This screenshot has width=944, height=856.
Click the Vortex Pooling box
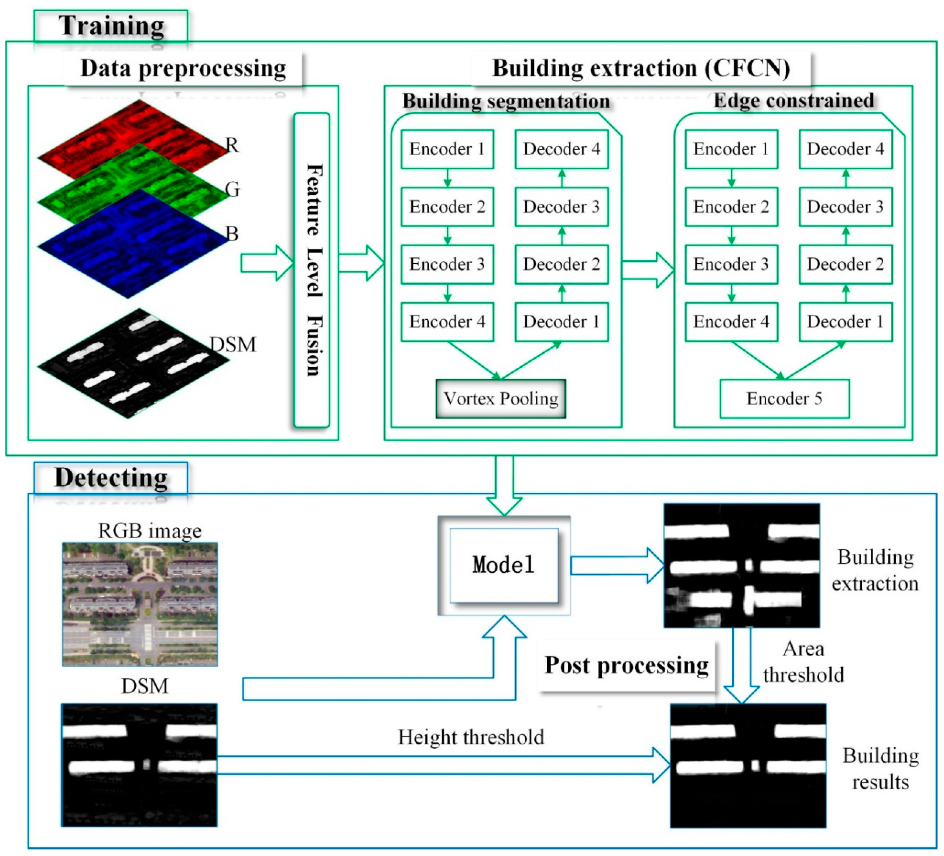point(501,399)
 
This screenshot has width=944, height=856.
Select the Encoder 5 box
point(784,399)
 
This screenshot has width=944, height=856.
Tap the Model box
point(504,565)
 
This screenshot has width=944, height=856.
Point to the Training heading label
point(111,26)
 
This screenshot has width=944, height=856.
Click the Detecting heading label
point(111,478)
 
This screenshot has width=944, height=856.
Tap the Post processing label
point(627,665)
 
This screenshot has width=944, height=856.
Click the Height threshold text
point(471,737)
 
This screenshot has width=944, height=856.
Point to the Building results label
point(880,769)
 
